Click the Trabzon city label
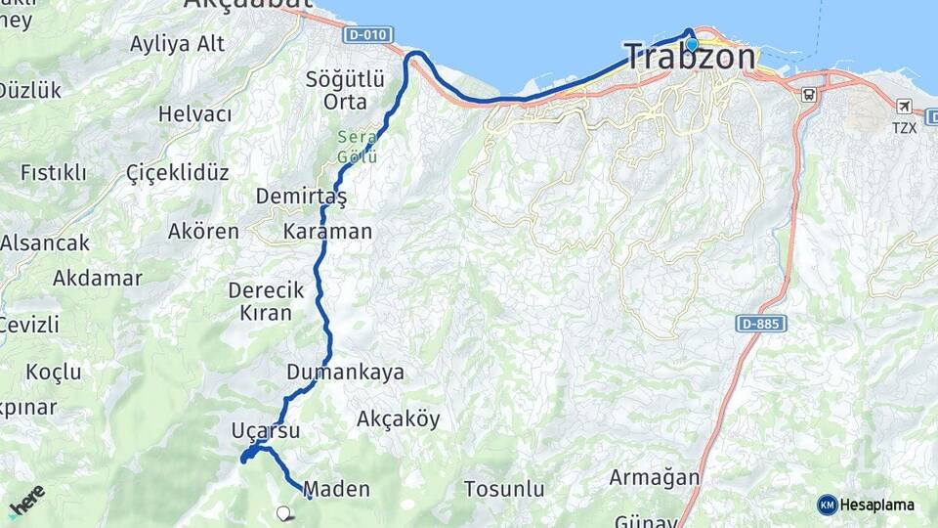click(x=690, y=57)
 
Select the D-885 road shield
click(x=759, y=323)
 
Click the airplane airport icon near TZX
click(x=905, y=106)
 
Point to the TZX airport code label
click(x=905, y=127)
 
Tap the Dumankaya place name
click(x=345, y=373)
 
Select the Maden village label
click(x=337, y=489)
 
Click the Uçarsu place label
click(x=266, y=430)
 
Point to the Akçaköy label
click(x=398, y=419)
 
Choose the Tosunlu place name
click(x=503, y=488)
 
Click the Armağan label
click(x=655, y=478)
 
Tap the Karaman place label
click(x=327, y=232)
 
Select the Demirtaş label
click(x=301, y=197)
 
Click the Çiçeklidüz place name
click(x=178, y=173)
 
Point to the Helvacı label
click(x=195, y=114)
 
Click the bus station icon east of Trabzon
click(x=808, y=95)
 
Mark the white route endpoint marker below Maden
click(x=283, y=511)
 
